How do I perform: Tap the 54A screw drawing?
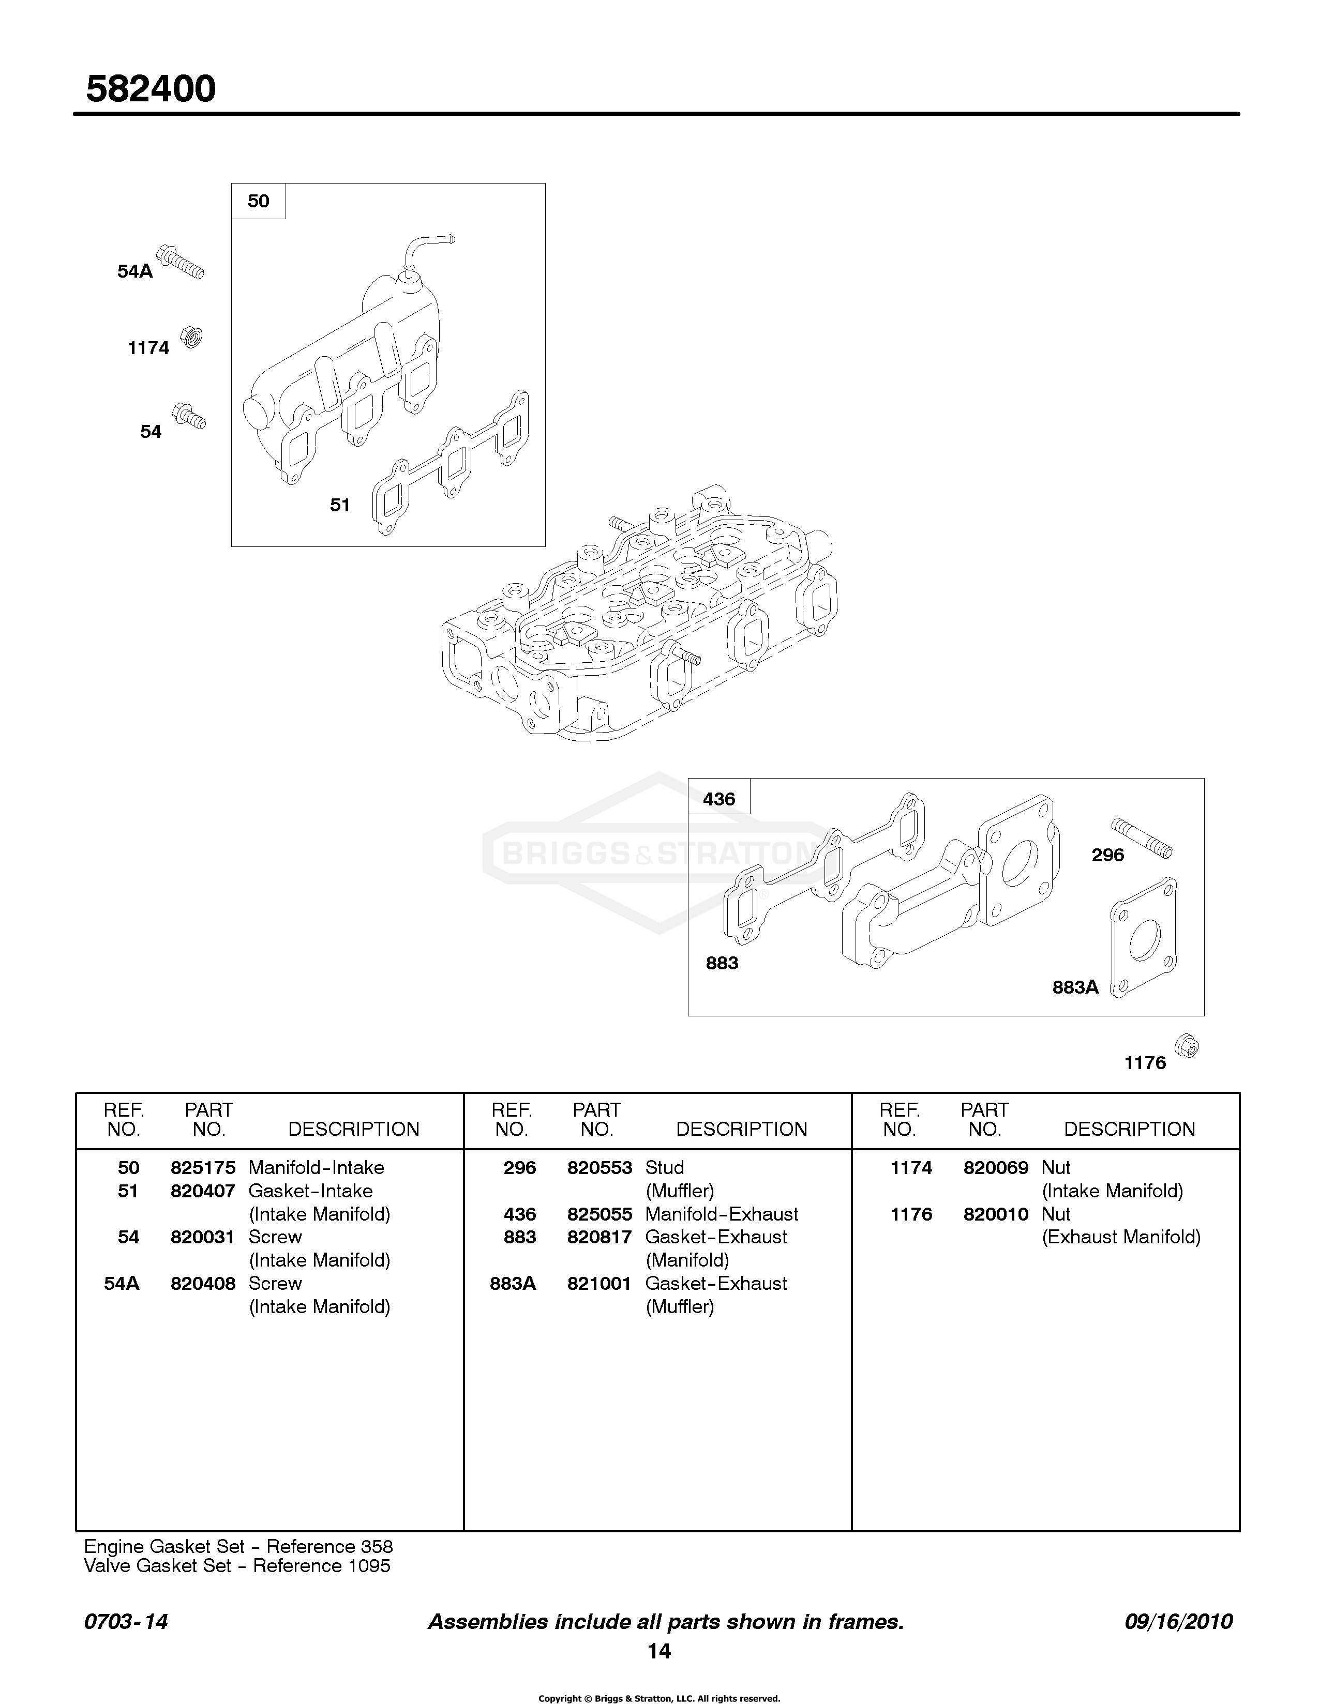181,262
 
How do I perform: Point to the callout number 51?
340,506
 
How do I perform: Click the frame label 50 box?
259,201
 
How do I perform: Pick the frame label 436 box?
719,798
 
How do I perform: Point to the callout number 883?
722,963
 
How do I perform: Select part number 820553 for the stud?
599,1168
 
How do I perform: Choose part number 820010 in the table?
996,1214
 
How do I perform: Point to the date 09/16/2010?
1178,1622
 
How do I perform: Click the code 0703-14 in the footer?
126,1622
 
